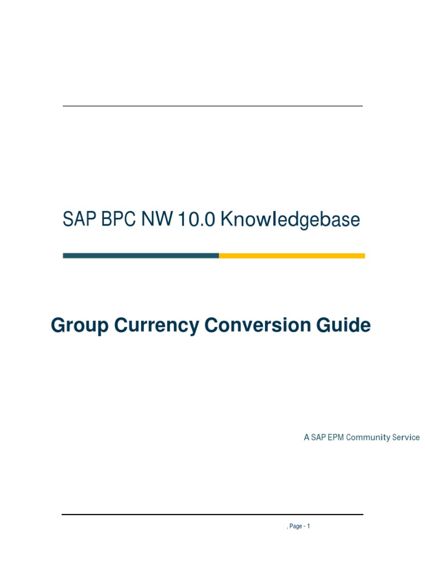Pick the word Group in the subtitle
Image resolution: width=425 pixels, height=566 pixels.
(x=80, y=326)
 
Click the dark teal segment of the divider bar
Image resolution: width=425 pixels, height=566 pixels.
(x=141, y=256)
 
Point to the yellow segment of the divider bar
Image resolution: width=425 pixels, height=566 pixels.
(x=292, y=256)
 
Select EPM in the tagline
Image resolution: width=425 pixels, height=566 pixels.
(x=335, y=438)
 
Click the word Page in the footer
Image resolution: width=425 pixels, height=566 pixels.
(x=296, y=526)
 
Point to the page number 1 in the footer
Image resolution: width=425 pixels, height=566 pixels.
(x=308, y=526)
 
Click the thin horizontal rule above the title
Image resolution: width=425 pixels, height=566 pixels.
(x=212, y=106)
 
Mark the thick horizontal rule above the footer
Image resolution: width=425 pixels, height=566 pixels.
(x=212, y=515)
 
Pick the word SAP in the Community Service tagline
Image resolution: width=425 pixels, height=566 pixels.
(x=318, y=438)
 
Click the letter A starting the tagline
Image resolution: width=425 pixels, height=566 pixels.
(x=306, y=438)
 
